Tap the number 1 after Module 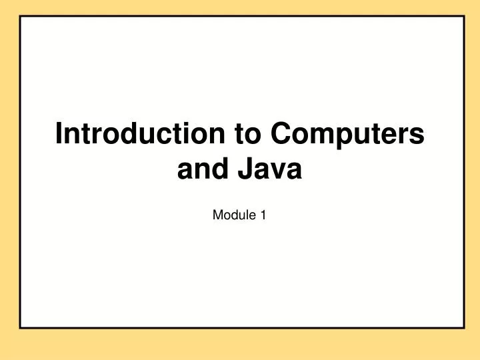(263, 215)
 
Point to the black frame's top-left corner (21, 16)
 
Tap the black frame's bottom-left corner (21, 327)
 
